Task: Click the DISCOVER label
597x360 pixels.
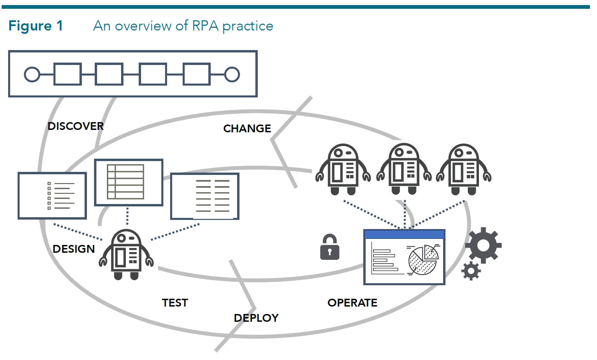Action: (x=75, y=126)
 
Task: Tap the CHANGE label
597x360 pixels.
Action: (x=247, y=129)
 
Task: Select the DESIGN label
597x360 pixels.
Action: (x=73, y=249)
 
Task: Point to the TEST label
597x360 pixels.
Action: (x=175, y=302)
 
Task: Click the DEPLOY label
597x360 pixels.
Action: (x=256, y=318)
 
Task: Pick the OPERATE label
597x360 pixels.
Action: (x=352, y=302)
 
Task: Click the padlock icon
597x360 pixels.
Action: (x=329, y=248)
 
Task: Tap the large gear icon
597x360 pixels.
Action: (x=483, y=245)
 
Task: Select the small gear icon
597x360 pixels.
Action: (x=471, y=271)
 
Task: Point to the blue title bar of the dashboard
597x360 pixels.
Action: (x=404, y=234)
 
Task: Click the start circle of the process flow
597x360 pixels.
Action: (x=32, y=74)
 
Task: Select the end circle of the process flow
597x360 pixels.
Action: (x=232, y=74)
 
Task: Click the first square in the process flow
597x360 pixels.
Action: (x=68, y=74)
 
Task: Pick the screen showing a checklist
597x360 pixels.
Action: (x=52, y=196)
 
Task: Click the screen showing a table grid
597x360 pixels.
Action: (x=129, y=182)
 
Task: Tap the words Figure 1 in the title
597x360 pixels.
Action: (x=36, y=26)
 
